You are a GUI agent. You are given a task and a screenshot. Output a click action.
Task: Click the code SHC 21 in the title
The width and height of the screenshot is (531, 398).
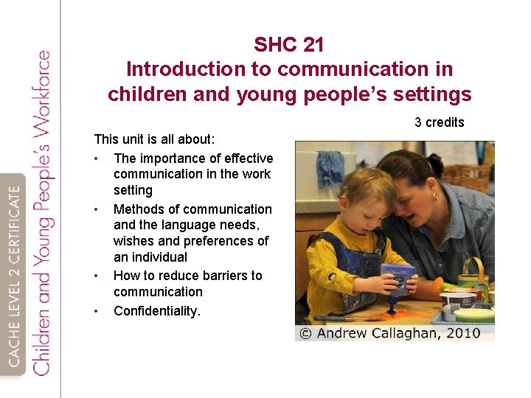point(288,45)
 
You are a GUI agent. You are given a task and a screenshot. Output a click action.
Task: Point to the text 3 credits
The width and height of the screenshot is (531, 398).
point(439,122)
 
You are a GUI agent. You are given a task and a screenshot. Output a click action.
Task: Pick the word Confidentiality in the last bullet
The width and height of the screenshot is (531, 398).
point(155,311)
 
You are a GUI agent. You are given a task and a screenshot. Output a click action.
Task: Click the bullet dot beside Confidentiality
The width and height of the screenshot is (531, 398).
point(97,311)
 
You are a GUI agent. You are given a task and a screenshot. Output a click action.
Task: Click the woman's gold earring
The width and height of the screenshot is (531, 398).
point(435,196)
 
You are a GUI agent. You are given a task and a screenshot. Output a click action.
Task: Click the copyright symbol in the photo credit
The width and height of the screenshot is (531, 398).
point(305,333)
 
